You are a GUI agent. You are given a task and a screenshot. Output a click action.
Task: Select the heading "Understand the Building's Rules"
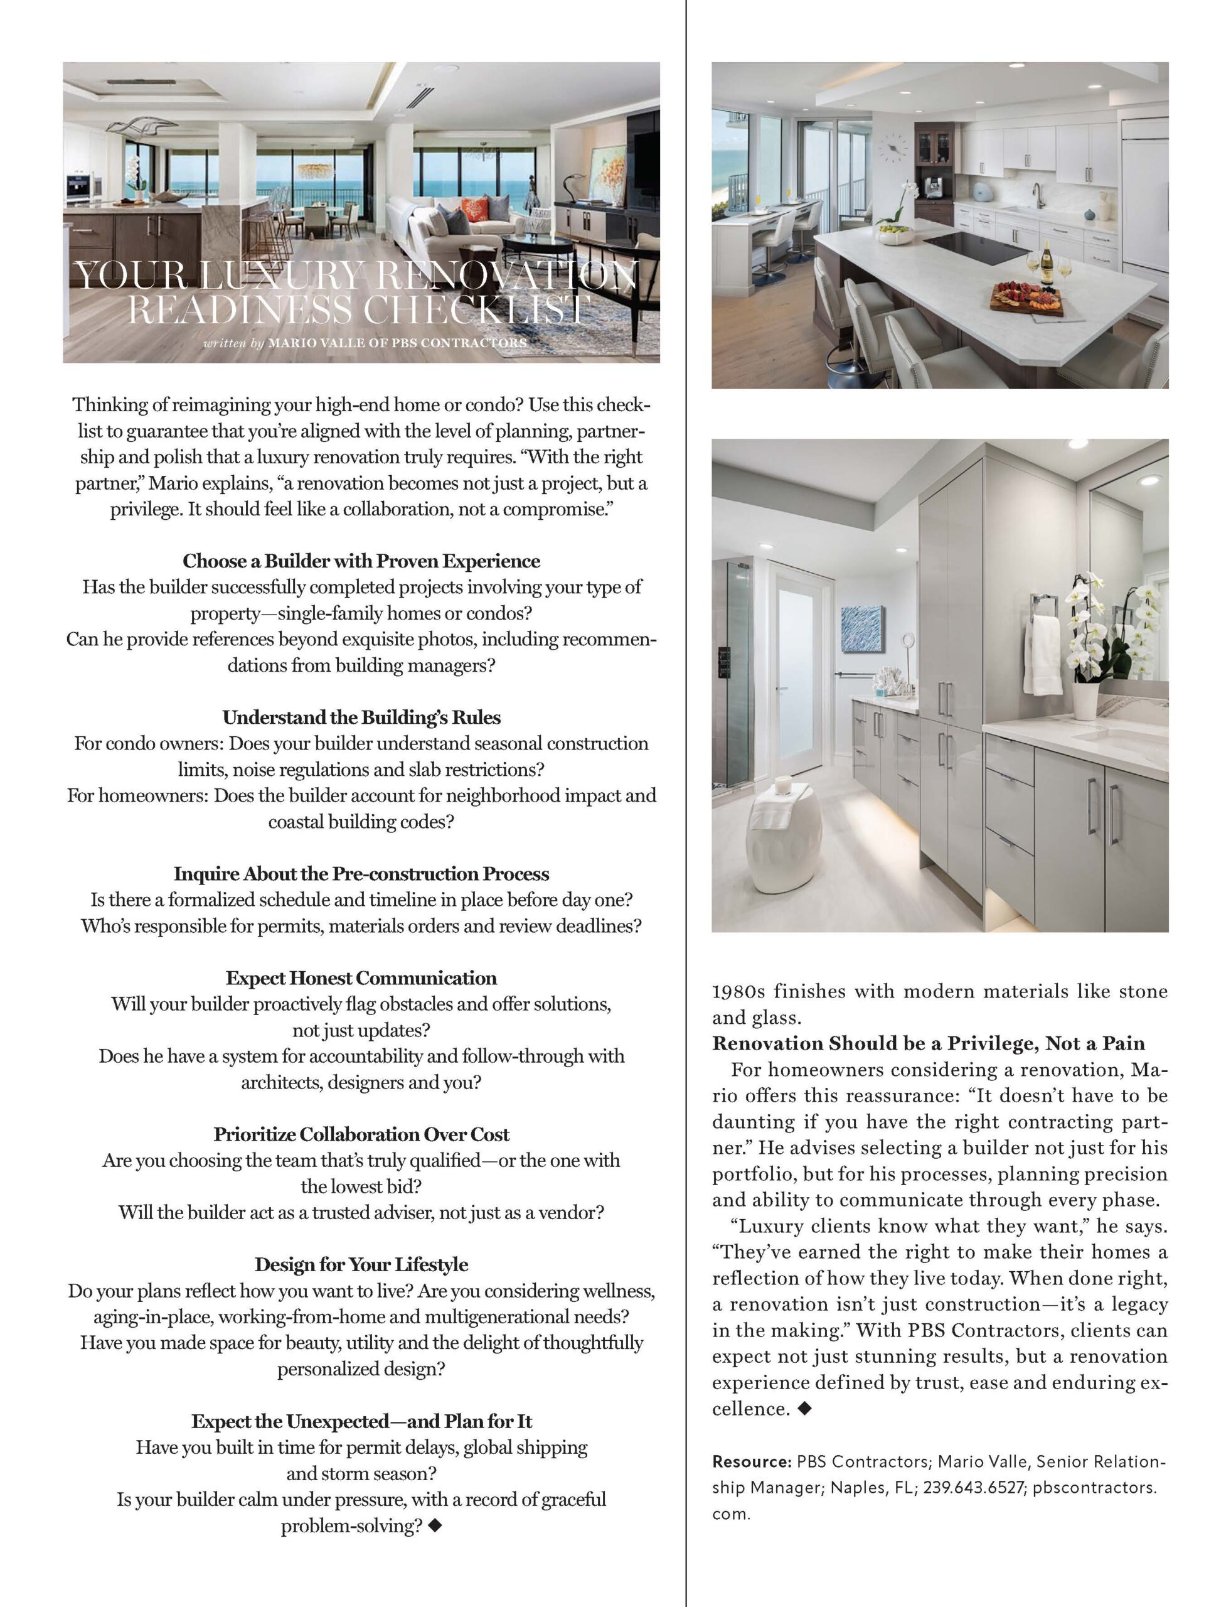(361, 717)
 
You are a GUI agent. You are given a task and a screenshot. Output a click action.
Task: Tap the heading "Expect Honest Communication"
(361, 978)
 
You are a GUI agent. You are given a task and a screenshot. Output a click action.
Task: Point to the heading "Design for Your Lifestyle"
(361, 1265)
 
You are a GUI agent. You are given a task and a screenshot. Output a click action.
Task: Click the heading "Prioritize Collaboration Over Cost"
(361, 1134)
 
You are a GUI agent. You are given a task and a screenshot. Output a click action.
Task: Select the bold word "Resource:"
(751, 1461)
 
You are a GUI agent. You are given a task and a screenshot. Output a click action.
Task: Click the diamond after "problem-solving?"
(435, 1525)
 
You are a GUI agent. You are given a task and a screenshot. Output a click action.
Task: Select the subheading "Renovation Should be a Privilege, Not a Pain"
(929, 1043)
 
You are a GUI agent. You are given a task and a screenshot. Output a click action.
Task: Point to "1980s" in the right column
(738, 991)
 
